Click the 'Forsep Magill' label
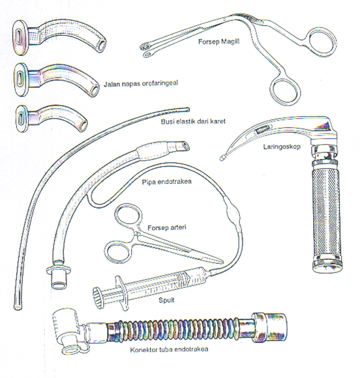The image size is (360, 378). [x=218, y=42]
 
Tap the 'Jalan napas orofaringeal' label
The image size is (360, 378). [x=141, y=83]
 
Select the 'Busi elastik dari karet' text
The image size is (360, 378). [x=193, y=121]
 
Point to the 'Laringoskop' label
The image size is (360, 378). [x=282, y=147]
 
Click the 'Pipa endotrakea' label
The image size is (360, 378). [x=167, y=182]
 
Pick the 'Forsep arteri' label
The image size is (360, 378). [x=167, y=227]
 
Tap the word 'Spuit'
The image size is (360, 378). [x=166, y=300]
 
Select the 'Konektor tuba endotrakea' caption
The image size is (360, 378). [x=169, y=349]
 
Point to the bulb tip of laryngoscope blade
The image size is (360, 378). [x=222, y=158]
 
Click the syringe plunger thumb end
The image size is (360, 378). [x=98, y=298]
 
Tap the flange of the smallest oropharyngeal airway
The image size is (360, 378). [x=22, y=119]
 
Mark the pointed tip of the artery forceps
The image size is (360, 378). [x=222, y=262]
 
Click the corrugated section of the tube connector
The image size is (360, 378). [x=173, y=329]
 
